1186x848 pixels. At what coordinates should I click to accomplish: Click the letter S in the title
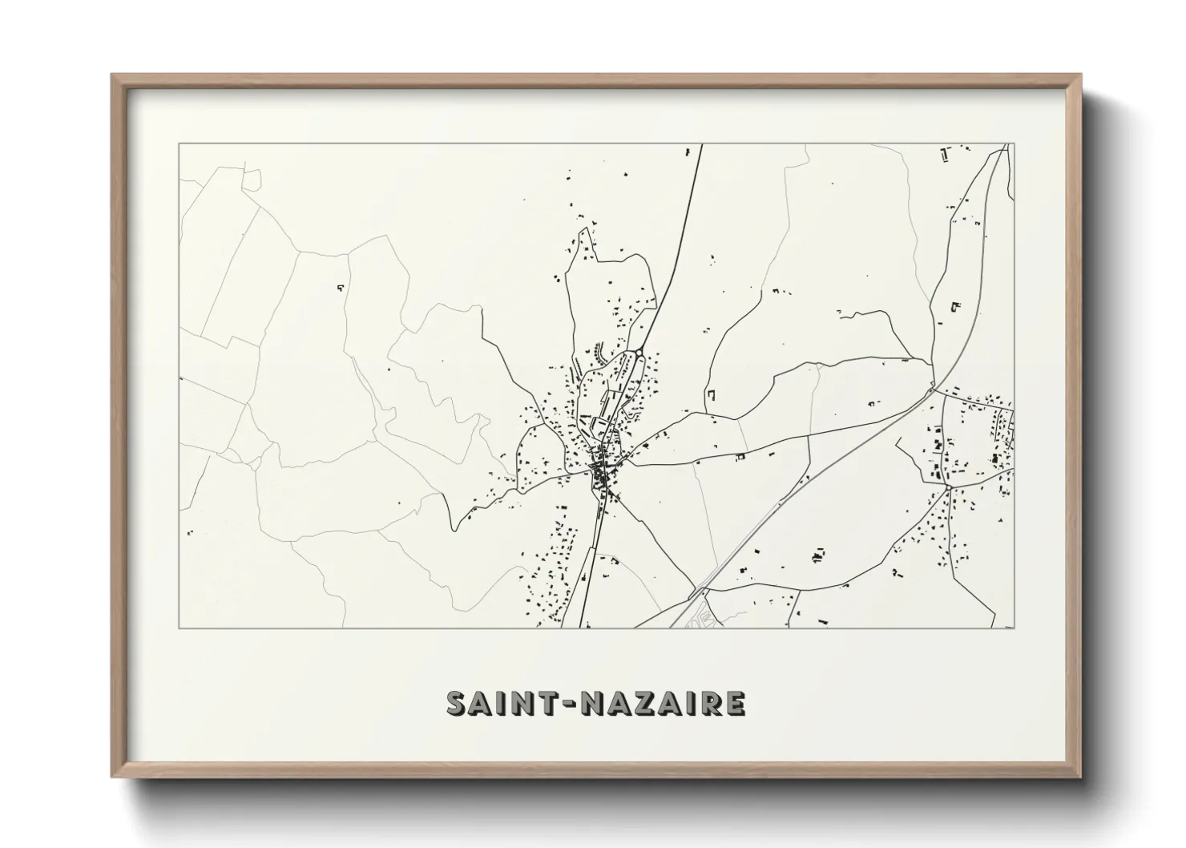tap(458, 704)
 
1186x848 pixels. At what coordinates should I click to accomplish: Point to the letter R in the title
tap(709, 704)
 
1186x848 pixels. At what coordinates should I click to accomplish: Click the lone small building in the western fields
tap(340, 286)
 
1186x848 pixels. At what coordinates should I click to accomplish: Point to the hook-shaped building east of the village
tap(710, 395)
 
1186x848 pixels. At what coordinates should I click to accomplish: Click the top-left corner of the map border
tap(179, 144)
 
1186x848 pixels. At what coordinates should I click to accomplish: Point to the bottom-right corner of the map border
tap(1015, 628)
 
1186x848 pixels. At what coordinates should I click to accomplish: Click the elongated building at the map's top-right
tap(945, 154)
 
